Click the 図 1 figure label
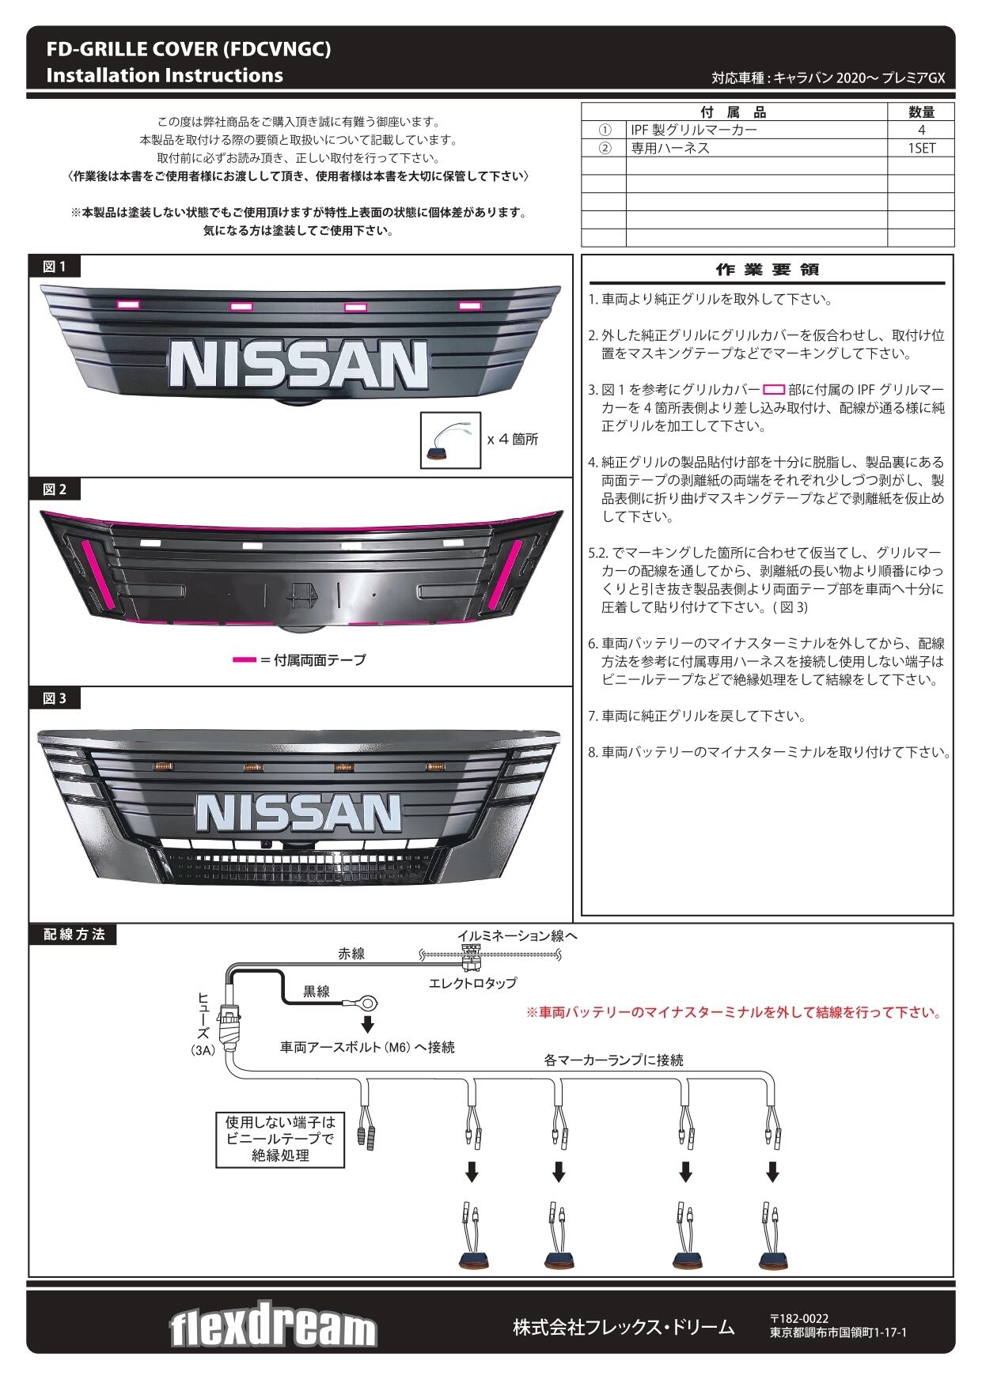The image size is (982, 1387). (x=55, y=266)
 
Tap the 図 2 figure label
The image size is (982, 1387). (x=55, y=489)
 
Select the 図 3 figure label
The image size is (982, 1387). (x=55, y=698)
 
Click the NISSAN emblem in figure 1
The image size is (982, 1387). (x=299, y=365)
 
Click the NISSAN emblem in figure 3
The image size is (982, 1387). (x=299, y=812)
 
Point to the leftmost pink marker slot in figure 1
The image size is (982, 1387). (x=127, y=304)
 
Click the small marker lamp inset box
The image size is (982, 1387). (x=450, y=439)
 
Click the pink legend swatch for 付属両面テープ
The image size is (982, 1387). (x=244, y=659)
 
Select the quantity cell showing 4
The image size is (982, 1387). (x=921, y=130)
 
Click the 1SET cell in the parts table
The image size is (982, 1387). (x=921, y=148)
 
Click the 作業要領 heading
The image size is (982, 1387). (x=767, y=270)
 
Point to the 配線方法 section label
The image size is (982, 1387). (x=74, y=934)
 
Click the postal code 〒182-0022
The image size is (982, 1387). (x=799, y=1318)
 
